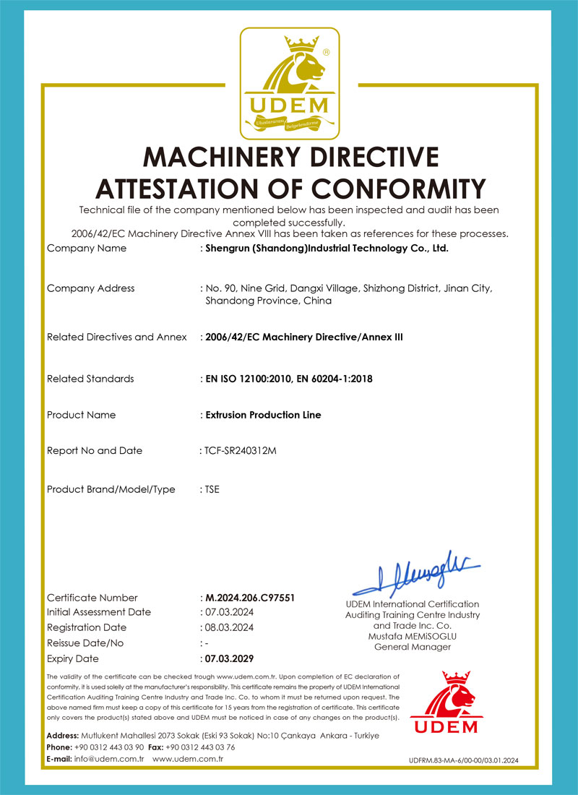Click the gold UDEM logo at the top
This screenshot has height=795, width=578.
point(289,83)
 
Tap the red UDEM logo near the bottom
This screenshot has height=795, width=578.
point(444,704)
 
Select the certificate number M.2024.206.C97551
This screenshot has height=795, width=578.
point(250,598)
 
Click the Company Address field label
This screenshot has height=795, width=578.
point(90,288)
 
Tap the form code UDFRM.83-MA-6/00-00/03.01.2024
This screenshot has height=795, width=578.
point(463,760)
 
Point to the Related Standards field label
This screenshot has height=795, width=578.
point(90,379)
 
